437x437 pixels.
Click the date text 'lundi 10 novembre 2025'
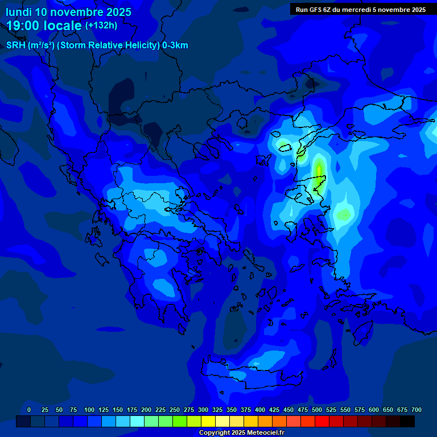coord(68,12)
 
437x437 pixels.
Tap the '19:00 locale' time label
coord(44,26)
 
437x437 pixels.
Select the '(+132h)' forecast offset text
coord(101,26)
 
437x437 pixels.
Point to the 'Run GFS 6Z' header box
coord(360,10)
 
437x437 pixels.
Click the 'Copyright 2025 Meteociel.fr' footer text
coord(241,432)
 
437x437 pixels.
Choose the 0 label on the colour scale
coord(29,410)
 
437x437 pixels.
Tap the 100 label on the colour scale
coord(89,410)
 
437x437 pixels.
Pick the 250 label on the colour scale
coord(175,410)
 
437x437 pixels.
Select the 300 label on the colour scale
coord(203,410)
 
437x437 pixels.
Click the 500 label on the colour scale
coord(317,410)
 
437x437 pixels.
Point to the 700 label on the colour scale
coord(417,410)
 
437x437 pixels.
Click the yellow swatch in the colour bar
coord(208,422)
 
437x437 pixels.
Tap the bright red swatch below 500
coord(322,422)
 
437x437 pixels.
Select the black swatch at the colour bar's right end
coord(407,422)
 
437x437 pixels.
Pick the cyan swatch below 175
coord(137,422)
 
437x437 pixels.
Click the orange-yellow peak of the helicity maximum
coord(319,169)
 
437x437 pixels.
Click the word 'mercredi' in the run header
coord(356,10)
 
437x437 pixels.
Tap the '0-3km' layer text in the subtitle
coord(175,46)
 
